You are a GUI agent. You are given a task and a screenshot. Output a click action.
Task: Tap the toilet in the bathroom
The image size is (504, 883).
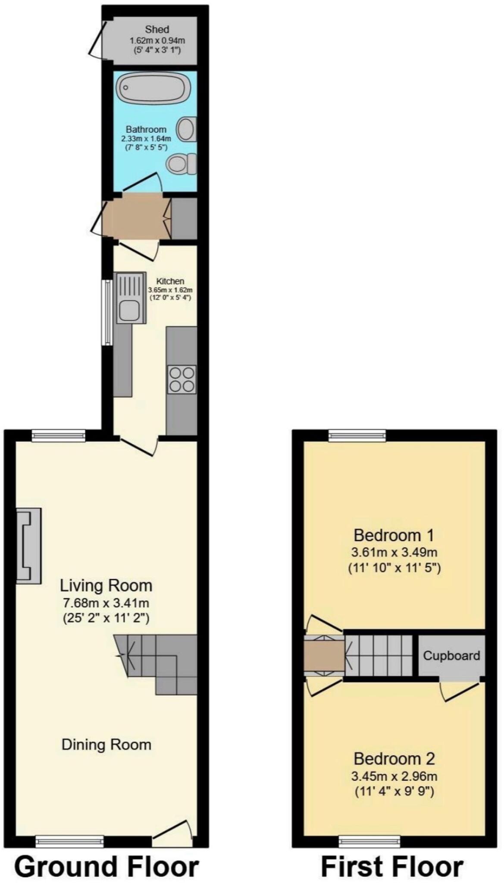182,164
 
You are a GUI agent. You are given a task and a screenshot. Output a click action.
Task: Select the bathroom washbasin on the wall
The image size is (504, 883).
187,129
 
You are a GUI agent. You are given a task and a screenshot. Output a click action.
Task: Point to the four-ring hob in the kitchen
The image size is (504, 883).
182,379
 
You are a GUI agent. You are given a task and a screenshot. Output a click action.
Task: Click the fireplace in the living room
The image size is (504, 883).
29,546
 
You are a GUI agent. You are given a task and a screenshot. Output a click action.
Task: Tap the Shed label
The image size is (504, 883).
157,30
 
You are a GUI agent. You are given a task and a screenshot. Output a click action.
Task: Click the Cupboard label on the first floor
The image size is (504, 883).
451,656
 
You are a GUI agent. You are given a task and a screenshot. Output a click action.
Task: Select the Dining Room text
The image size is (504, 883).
106,744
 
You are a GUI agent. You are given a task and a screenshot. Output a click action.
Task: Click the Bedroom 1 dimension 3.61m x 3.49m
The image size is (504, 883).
394,552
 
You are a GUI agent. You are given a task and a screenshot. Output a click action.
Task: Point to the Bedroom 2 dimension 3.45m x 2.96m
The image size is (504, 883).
394,777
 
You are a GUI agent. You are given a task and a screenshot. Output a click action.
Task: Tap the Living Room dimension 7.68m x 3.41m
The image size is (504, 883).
106,603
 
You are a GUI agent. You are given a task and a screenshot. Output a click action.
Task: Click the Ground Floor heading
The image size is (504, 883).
107,864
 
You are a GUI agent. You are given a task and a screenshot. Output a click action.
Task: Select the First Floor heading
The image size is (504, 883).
392,864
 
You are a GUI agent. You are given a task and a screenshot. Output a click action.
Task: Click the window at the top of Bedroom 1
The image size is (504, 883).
357,435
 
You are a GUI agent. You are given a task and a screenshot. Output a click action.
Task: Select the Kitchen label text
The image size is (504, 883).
170,281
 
